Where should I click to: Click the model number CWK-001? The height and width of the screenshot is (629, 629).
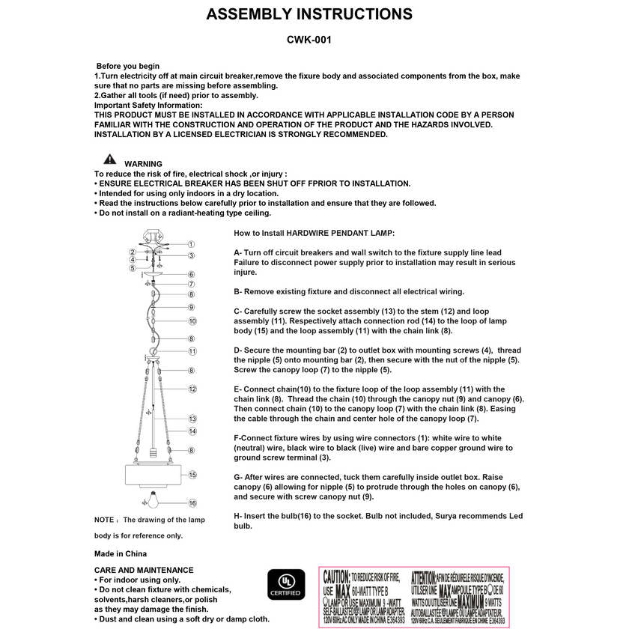[309, 40]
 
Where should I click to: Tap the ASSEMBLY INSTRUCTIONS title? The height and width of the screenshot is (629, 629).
[309, 14]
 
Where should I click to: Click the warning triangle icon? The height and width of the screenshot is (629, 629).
[110, 159]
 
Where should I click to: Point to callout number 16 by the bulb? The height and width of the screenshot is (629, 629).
[192, 503]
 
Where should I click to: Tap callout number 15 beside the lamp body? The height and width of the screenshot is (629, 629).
[192, 475]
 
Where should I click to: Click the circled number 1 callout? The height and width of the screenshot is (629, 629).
[192, 244]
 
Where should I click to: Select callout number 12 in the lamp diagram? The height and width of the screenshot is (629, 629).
[192, 389]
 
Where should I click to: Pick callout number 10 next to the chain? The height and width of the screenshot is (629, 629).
[192, 321]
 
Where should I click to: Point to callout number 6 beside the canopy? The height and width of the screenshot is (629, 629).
[192, 274]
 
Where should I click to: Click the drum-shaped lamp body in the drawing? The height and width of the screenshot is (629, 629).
[154, 475]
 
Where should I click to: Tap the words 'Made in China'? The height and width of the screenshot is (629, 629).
[121, 554]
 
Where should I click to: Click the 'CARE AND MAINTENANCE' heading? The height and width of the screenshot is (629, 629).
[144, 570]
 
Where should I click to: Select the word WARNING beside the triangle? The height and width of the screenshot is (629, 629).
[143, 164]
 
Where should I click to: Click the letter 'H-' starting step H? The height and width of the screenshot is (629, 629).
[239, 516]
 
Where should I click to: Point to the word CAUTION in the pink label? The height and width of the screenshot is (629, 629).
[336, 577]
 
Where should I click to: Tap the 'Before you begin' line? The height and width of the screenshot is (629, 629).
[128, 67]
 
